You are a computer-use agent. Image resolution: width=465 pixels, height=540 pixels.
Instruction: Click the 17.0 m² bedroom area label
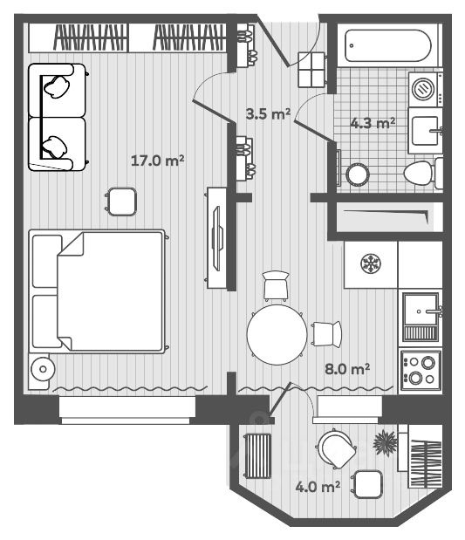pos(157,161)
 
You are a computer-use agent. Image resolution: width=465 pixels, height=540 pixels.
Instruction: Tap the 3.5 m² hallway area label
pos(268,113)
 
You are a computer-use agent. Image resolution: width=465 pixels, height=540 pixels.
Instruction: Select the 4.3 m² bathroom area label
pos(373,123)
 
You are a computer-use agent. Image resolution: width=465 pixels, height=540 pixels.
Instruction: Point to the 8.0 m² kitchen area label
pos(347,369)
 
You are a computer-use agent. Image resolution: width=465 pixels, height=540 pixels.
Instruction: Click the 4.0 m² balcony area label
pos(318,487)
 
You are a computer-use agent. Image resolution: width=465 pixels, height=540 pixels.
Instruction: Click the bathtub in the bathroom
pos(388,46)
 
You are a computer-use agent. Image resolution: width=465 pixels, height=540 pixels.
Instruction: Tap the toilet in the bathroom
pos(423,174)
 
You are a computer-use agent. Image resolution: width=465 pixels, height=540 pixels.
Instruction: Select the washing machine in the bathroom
pos(426,89)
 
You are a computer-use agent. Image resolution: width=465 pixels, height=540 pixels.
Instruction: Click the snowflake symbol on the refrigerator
pos(371,263)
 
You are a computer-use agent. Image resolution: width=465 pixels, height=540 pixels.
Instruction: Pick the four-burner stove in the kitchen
pos(421,370)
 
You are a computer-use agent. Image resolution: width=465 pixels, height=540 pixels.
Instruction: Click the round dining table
pos(277,334)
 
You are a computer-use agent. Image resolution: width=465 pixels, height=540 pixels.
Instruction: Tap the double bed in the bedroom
pos(97,291)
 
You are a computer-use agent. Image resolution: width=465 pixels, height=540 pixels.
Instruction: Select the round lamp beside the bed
pos(43,369)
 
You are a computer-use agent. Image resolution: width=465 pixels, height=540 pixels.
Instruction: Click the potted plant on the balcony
pos(385,443)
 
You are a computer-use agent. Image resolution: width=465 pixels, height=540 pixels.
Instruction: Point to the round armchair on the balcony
pos(336,449)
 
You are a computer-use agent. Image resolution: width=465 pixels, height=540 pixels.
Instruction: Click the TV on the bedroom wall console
pos(217,238)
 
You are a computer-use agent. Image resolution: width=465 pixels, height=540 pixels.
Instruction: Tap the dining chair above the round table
pos(276,286)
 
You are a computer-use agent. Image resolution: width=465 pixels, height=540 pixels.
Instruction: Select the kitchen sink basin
pos(421,310)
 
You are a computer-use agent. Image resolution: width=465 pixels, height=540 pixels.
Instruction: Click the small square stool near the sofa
pos(120,202)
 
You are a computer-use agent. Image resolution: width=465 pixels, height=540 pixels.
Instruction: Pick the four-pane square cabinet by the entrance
pos(311,70)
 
